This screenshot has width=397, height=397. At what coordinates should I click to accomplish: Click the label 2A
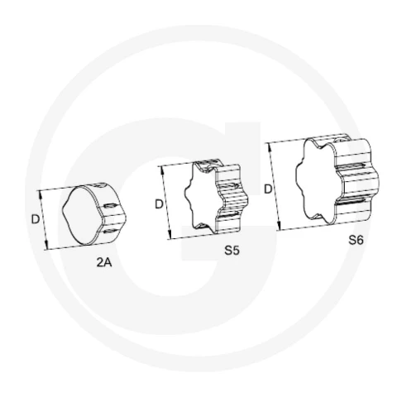click(x=104, y=262)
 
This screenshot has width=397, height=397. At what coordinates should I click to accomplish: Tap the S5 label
click(x=232, y=251)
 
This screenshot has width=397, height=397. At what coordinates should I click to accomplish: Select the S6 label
click(x=356, y=240)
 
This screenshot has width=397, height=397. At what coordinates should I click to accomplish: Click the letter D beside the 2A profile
click(x=36, y=219)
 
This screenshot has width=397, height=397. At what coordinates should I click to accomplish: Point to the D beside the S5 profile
click(x=159, y=204)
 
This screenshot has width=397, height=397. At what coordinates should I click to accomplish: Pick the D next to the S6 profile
click(x=268, y=189)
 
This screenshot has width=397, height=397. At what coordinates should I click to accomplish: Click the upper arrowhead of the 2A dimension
click(x=41, y=195)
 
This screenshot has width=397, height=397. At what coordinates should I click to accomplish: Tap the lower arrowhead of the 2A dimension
click(x=46, y=245)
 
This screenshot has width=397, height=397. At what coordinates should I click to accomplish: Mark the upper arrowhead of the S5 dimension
click(x=162, y=170)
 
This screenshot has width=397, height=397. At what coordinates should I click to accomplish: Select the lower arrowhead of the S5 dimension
click(x=170, y=235)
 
